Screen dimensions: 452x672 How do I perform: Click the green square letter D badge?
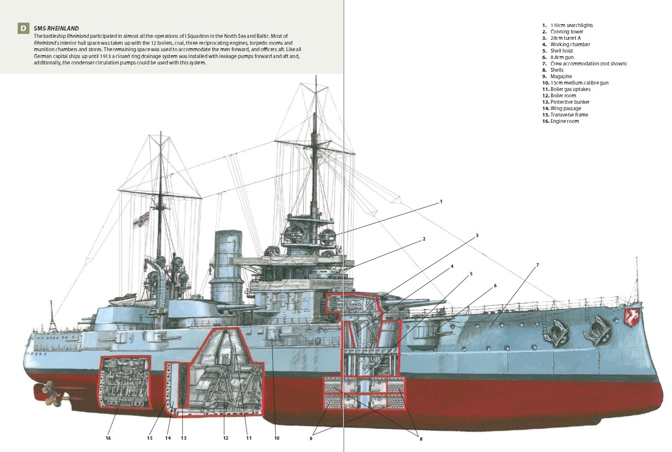click(23, 28)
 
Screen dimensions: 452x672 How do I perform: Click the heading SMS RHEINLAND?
click(56, 29)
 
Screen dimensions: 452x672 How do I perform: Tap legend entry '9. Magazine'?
click(560, 76)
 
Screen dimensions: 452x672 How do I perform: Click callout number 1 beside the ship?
click(441, 202)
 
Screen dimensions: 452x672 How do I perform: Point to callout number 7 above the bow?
click(537, 265)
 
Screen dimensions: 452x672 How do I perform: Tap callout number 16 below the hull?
click(108, 438)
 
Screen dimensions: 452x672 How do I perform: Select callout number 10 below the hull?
click(277, 438)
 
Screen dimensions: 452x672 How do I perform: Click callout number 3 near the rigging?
click(477, 236)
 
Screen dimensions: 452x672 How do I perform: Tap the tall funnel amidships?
click(228, 266)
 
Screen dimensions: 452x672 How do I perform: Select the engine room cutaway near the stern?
click(125, 382)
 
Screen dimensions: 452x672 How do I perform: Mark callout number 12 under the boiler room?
click(226, 438)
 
